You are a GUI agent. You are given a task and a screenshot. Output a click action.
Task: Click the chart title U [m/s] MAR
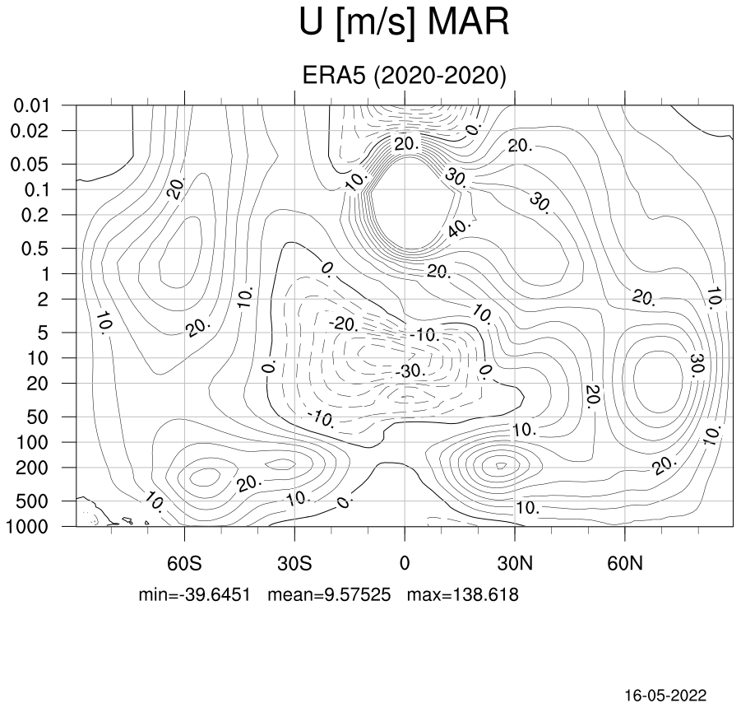pos(405,22)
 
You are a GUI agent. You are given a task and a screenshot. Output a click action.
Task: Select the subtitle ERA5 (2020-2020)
pos(404,75)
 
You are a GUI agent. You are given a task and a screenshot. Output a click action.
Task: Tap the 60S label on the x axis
pos(184,564)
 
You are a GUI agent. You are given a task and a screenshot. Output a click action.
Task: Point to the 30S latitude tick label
pos(294,564)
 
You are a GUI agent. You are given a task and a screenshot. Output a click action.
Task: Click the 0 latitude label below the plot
pos(405,564)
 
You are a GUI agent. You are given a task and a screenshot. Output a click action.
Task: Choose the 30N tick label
pos(515,564)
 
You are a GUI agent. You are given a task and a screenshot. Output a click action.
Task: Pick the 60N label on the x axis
pos(625,564)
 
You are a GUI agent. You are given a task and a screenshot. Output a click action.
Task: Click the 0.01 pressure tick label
pos(31,105)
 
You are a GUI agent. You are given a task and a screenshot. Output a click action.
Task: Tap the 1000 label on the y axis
pos(26,526)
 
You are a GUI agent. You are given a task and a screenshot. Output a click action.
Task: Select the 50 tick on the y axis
pos(38,417)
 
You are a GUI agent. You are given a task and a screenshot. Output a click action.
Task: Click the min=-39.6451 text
pos(194,594)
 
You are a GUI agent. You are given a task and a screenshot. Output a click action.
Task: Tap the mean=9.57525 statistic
pos(330,594)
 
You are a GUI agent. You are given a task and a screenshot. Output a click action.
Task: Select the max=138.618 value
pos(463,594)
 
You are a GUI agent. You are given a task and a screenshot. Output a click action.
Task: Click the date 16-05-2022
pos(666,695)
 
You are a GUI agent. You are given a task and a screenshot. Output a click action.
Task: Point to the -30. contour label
pos(410,370)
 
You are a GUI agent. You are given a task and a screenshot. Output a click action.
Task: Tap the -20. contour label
pos(344,324)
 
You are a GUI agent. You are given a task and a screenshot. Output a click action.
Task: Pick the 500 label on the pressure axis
pos(32,501)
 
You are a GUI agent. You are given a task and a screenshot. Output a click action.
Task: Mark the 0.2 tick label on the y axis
pos(35,215)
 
